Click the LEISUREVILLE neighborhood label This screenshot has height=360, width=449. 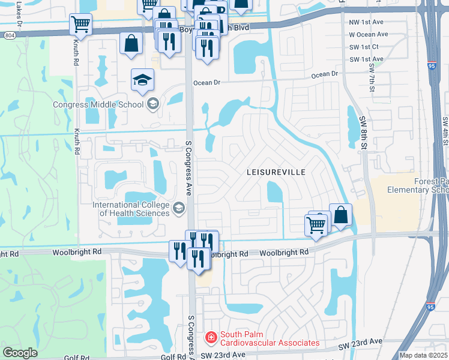point(276,172)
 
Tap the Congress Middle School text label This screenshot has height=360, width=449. point(98,104)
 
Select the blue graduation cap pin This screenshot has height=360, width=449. point(143,81)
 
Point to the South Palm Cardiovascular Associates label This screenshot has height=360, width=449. point(269,338)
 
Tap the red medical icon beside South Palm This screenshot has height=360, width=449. point(211,338)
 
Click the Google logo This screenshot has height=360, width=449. point(20,353)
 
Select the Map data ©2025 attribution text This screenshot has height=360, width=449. point(423,355)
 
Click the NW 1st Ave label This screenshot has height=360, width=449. point(366,22)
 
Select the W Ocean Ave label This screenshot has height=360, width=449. point(368,35)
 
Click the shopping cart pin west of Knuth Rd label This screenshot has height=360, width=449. point(80,25)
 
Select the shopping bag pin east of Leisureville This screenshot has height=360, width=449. point(340,215)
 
